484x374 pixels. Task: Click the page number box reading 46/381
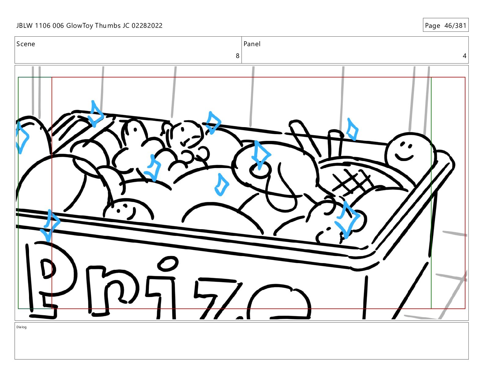(446, 25)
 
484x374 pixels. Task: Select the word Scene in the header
(26, 44)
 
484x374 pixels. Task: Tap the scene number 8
(237, 56)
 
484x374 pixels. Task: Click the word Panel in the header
(252, 44)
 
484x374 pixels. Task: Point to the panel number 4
(464, 56)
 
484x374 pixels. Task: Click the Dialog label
(21, 327)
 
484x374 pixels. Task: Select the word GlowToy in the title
(79, 26)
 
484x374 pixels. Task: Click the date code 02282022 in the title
(147, 26)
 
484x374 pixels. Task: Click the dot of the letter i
(167, 263)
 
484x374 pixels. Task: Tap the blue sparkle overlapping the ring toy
(261, 155)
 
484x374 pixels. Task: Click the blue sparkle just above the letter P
(50, 225)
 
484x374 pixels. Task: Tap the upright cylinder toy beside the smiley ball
(335, 144)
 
